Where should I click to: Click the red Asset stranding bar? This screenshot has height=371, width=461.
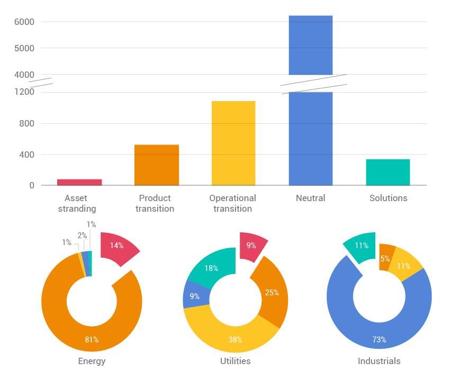click(x=79, y=183)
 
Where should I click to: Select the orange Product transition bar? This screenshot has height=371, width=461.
click(x=157, y=165)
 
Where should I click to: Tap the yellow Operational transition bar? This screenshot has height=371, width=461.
click(x=233, y=143)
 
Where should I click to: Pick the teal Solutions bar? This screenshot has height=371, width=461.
click(x=388, y=173)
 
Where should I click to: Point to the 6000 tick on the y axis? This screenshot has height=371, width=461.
click(x=24, y=22)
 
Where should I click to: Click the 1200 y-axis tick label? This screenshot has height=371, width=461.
click(x=24, y=92)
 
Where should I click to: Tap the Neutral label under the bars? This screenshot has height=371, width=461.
click(x=311, y=198)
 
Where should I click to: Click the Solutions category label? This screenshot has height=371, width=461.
click(x=388, y=198)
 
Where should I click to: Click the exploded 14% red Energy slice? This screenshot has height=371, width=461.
click(x=118, y=247)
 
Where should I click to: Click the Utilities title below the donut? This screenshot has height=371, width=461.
click(x=236, y=361)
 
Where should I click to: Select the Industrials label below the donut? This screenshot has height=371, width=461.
click(x=379, y=361)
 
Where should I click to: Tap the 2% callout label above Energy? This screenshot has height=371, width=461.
click(x=82, y=236)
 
